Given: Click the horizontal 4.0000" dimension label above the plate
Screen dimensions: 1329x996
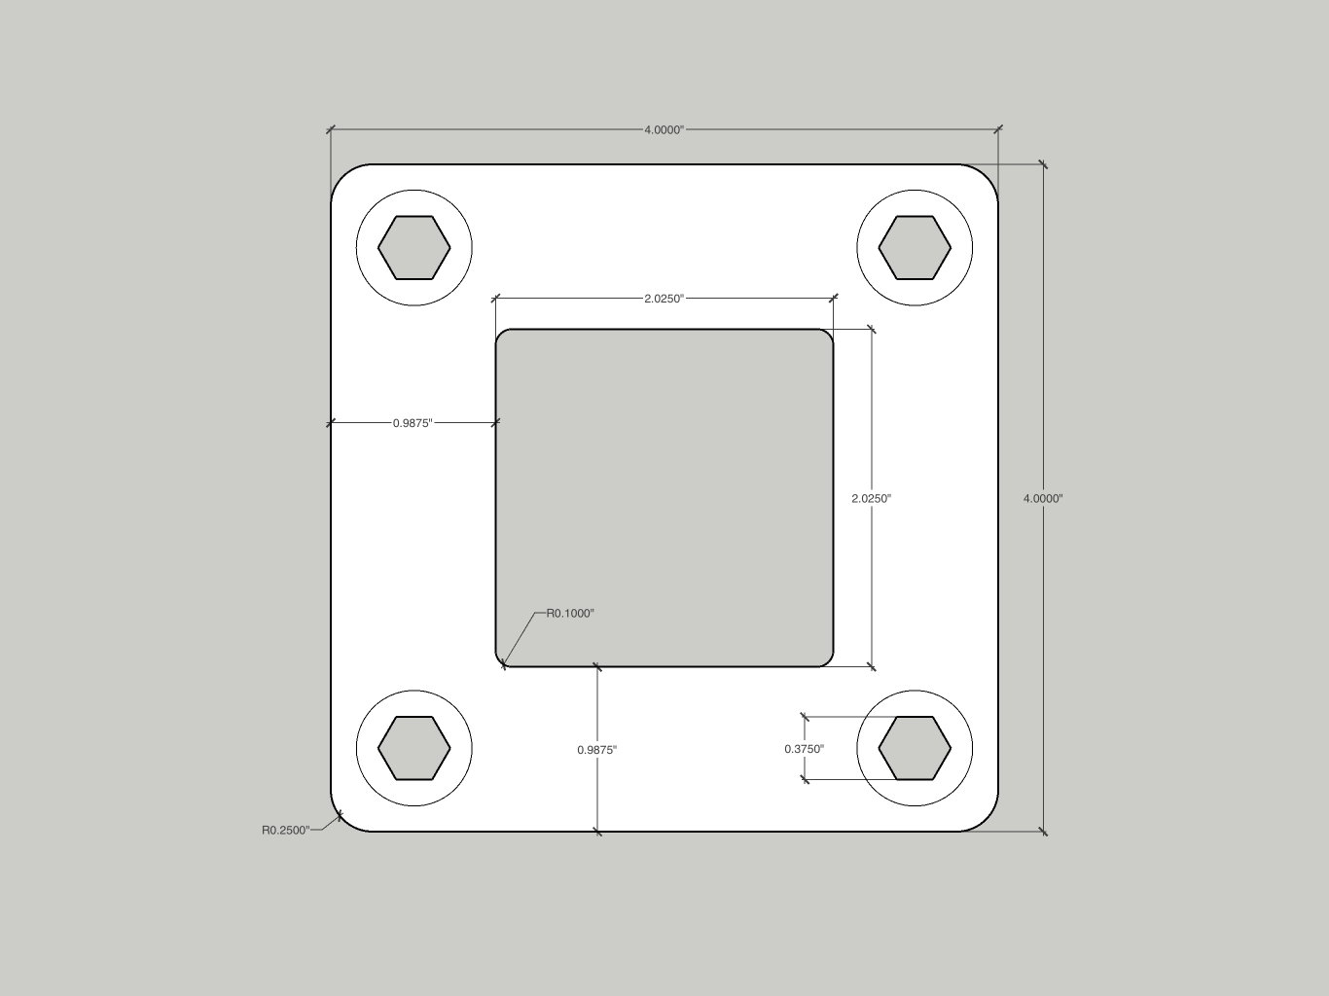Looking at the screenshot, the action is click(664, 129).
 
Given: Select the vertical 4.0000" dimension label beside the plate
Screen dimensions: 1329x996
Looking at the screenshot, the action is click(1043, 498).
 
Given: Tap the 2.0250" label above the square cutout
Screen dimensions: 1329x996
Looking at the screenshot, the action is click(664, 299).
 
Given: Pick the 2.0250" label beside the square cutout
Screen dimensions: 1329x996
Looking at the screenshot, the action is click(872, 498).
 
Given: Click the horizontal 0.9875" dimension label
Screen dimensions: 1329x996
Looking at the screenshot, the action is click(413, 423).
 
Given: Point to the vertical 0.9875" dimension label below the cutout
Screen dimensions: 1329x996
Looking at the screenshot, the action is click(597, 750).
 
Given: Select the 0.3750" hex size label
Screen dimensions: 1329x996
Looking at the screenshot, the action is click(804, 749).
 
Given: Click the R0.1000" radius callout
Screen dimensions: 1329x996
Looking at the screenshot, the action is click(570, 613).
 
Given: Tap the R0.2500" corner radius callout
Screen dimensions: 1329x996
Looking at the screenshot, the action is click(286, 831).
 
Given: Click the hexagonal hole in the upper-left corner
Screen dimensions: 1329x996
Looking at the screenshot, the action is click(414, 247).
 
